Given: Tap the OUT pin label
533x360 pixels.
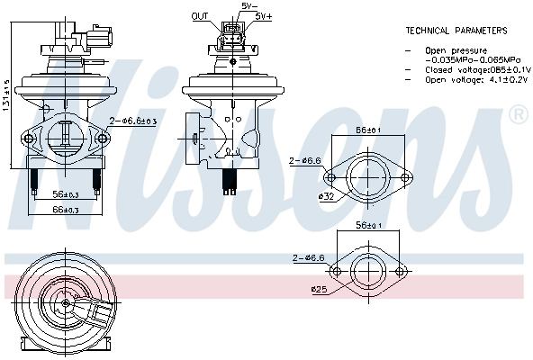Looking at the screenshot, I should click(x=200, y=16).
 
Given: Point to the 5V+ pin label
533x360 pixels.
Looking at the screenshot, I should click(x=264, y=16).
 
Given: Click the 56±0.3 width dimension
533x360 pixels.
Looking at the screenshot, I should click(x=66, y=194).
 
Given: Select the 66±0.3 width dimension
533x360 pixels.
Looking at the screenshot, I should click(x=66, y=210).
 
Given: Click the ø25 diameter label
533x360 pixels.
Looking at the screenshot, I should click(x=322, y=289).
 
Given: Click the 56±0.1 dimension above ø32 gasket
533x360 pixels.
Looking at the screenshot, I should click(x=367, y=130).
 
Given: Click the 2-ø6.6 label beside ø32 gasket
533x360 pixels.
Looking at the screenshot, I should click(x=305, y=160).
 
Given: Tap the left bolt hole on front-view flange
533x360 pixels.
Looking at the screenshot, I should click(x=28, y=139).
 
